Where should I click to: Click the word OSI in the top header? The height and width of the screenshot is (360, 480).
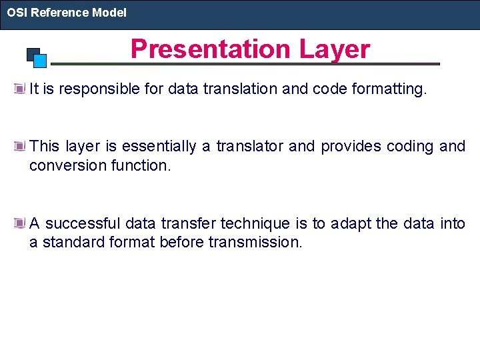point(16,13)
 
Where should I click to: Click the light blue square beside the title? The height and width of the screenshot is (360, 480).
point(40,61)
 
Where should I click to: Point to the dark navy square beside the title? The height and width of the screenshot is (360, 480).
point(33,54)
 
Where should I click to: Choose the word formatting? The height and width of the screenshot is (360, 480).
point(391,89)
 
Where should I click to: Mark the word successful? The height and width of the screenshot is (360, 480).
point(83,223)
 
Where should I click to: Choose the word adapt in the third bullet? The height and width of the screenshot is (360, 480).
point(349,223)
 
